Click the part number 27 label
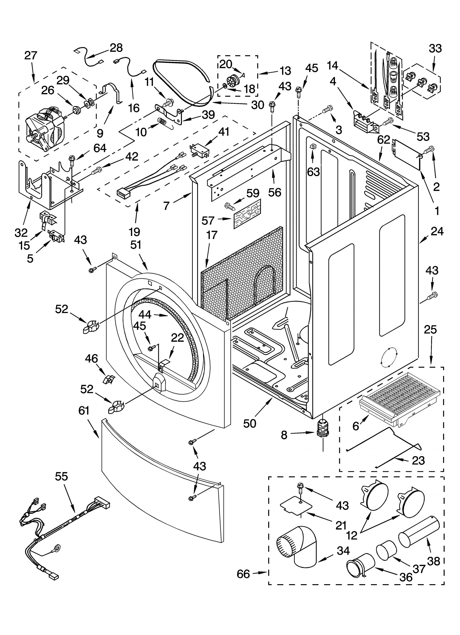click(31, 55)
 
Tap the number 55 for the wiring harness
click(61, 476)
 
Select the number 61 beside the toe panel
click(84, 411)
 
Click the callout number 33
click(435, 48)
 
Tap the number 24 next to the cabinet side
click(437, 231)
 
